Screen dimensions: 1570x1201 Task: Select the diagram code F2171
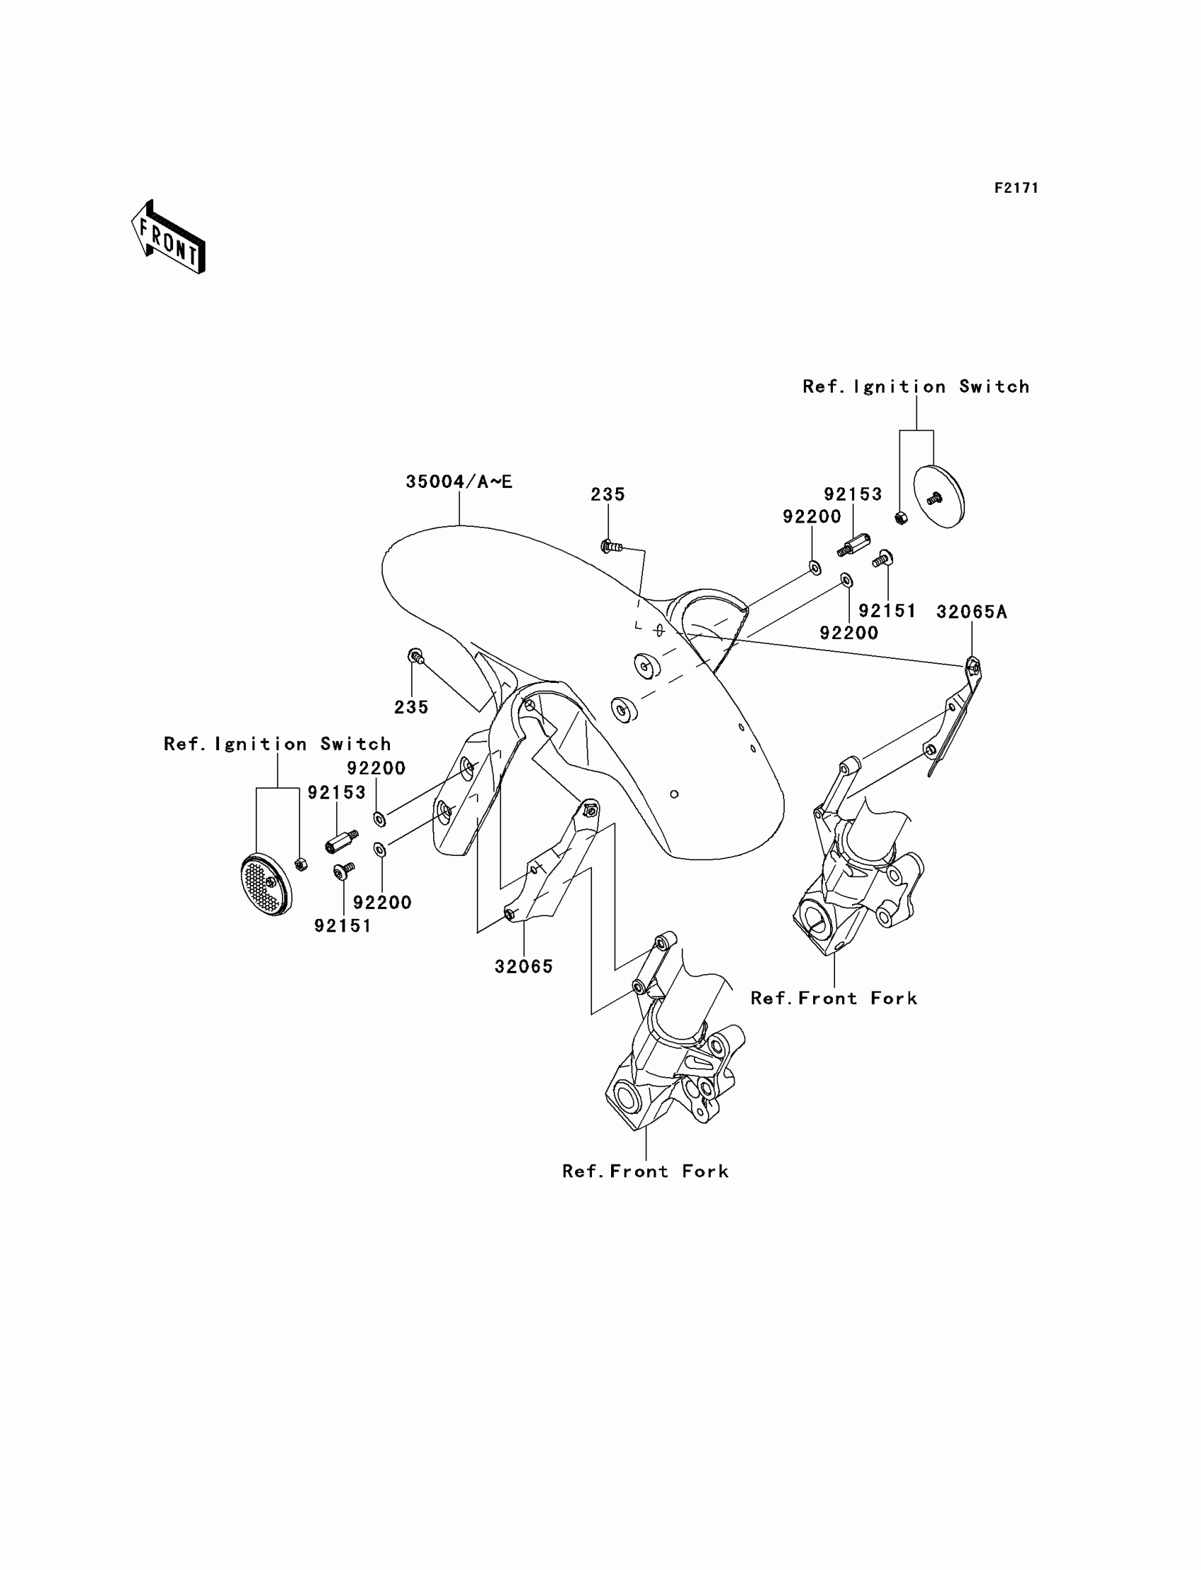[1016, 188]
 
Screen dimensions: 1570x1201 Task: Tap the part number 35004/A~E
[459, 482]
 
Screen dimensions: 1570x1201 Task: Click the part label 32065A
[971, 612]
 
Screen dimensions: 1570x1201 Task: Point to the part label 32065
[524, 967]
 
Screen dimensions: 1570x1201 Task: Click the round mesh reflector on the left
[265, 885]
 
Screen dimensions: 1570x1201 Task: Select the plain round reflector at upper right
[940, 496]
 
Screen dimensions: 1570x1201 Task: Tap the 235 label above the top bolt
[608, 494]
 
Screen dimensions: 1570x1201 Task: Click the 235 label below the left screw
[411, 708]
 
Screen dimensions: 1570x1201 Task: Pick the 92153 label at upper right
[853, 494]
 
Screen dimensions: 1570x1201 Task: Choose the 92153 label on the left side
[337, 792]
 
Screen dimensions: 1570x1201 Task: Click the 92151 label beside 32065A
[887, 611]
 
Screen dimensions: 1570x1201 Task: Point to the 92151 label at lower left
[343, 926]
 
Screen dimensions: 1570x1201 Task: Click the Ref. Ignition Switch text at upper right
[916, 386]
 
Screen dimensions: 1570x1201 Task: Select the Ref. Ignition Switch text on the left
[278, 744]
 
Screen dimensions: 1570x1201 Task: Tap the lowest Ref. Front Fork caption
[646, 1171]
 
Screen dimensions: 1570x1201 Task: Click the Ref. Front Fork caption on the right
[834, 999]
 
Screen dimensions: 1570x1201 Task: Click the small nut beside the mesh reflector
[301, 864]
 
